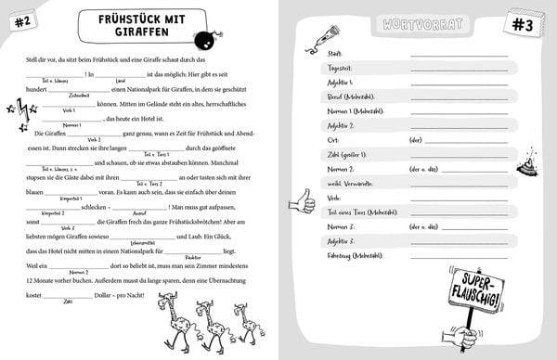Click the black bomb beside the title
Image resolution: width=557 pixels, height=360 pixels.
point(201,39)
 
